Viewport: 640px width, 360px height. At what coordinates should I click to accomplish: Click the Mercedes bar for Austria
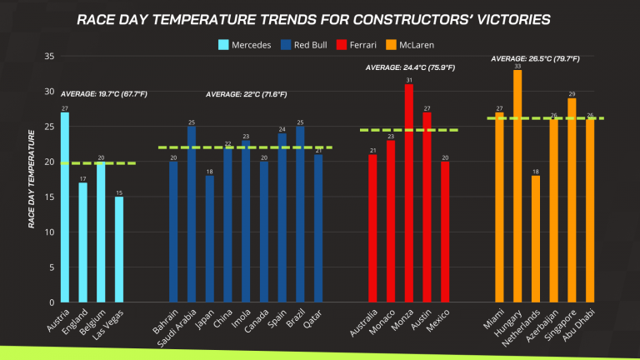tap(65, 207)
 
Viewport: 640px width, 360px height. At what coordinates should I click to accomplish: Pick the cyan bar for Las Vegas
tap(119, 249)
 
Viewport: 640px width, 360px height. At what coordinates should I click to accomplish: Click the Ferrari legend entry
tap(353, 44)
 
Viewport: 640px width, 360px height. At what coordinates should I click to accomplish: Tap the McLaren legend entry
tap(413, 44)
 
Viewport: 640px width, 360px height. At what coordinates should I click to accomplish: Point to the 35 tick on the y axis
tap(48, 57)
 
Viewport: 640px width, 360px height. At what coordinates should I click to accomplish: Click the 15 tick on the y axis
tap(48, 197)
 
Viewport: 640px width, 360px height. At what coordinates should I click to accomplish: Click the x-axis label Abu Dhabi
tap(579, 325)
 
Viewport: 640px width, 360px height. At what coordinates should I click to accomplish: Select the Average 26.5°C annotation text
tap(536, 59)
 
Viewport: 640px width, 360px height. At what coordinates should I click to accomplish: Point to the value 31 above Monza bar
tap(409, 81)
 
